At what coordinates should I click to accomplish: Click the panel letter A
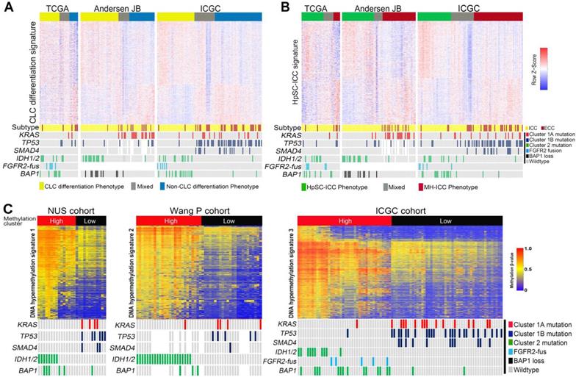[x=7, y=7]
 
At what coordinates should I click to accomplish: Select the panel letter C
[x=7, y=190]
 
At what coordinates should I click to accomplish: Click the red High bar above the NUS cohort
[x=55, y=200]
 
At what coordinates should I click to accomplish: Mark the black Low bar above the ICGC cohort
[x=447, y=200]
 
